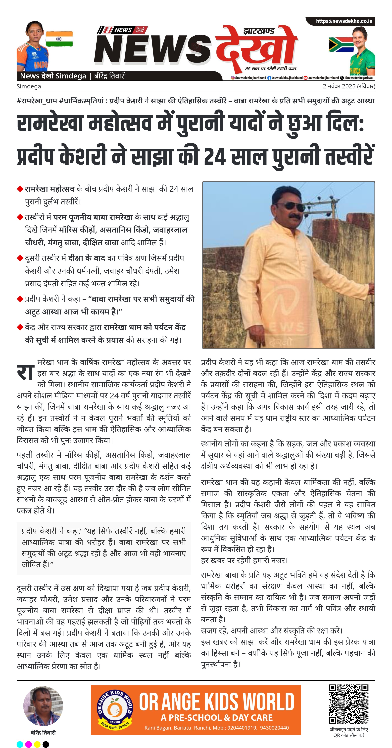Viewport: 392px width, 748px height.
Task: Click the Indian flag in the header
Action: click(59, 39)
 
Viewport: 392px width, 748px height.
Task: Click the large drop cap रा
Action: click(26, 373)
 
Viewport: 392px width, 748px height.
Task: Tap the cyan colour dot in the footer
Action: click(20, 744)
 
